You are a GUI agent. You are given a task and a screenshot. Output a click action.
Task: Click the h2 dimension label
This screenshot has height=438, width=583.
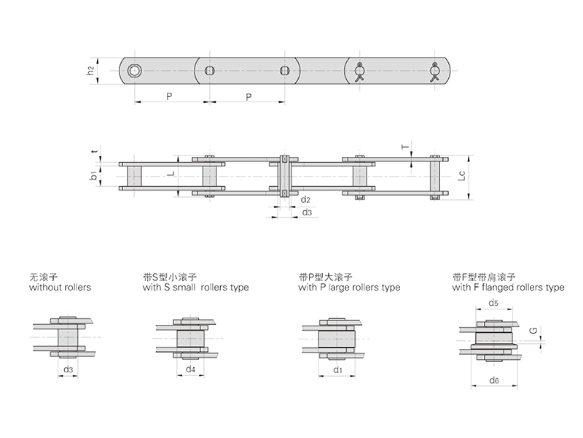(90, 70)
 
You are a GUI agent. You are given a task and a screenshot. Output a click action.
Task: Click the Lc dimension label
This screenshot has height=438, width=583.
(461, 175)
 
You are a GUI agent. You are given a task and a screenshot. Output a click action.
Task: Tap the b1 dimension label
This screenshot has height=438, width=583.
(93, 175)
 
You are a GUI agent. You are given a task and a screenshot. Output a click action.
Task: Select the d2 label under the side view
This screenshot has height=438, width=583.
(305, 199)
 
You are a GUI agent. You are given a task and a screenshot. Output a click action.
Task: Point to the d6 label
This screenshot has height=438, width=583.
(494, 380)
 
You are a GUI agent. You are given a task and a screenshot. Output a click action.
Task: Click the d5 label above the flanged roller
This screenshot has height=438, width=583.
(493, 303)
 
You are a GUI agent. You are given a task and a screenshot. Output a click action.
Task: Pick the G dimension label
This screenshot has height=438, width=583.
(533, 331)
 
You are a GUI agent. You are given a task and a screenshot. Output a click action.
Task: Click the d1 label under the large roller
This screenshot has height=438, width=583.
(337, 370)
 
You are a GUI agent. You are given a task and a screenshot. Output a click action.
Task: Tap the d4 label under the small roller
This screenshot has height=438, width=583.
(190, 369)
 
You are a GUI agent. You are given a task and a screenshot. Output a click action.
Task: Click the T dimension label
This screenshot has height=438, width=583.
(405, 146)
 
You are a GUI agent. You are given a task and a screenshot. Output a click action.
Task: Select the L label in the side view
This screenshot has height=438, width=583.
(171, 174)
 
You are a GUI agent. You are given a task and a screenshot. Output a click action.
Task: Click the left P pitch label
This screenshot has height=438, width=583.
(169, 96)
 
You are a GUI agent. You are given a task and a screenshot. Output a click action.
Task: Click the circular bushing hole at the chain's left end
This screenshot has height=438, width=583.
(134, 70)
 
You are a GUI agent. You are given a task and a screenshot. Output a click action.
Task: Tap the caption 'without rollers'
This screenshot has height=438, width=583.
(60, 287)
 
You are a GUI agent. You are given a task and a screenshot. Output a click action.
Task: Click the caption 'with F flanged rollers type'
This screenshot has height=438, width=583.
(508, 288)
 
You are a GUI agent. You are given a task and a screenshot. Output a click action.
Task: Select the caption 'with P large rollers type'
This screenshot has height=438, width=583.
(349, 288)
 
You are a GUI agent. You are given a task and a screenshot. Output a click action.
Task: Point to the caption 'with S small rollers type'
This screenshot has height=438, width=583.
(195, 288)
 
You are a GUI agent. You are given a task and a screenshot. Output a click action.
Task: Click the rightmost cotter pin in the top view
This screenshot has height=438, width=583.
(434, 72)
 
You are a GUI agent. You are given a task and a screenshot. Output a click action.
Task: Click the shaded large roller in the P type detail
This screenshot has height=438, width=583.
(337, 339)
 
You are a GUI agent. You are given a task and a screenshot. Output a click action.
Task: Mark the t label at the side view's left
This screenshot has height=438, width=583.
(95, 151)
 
